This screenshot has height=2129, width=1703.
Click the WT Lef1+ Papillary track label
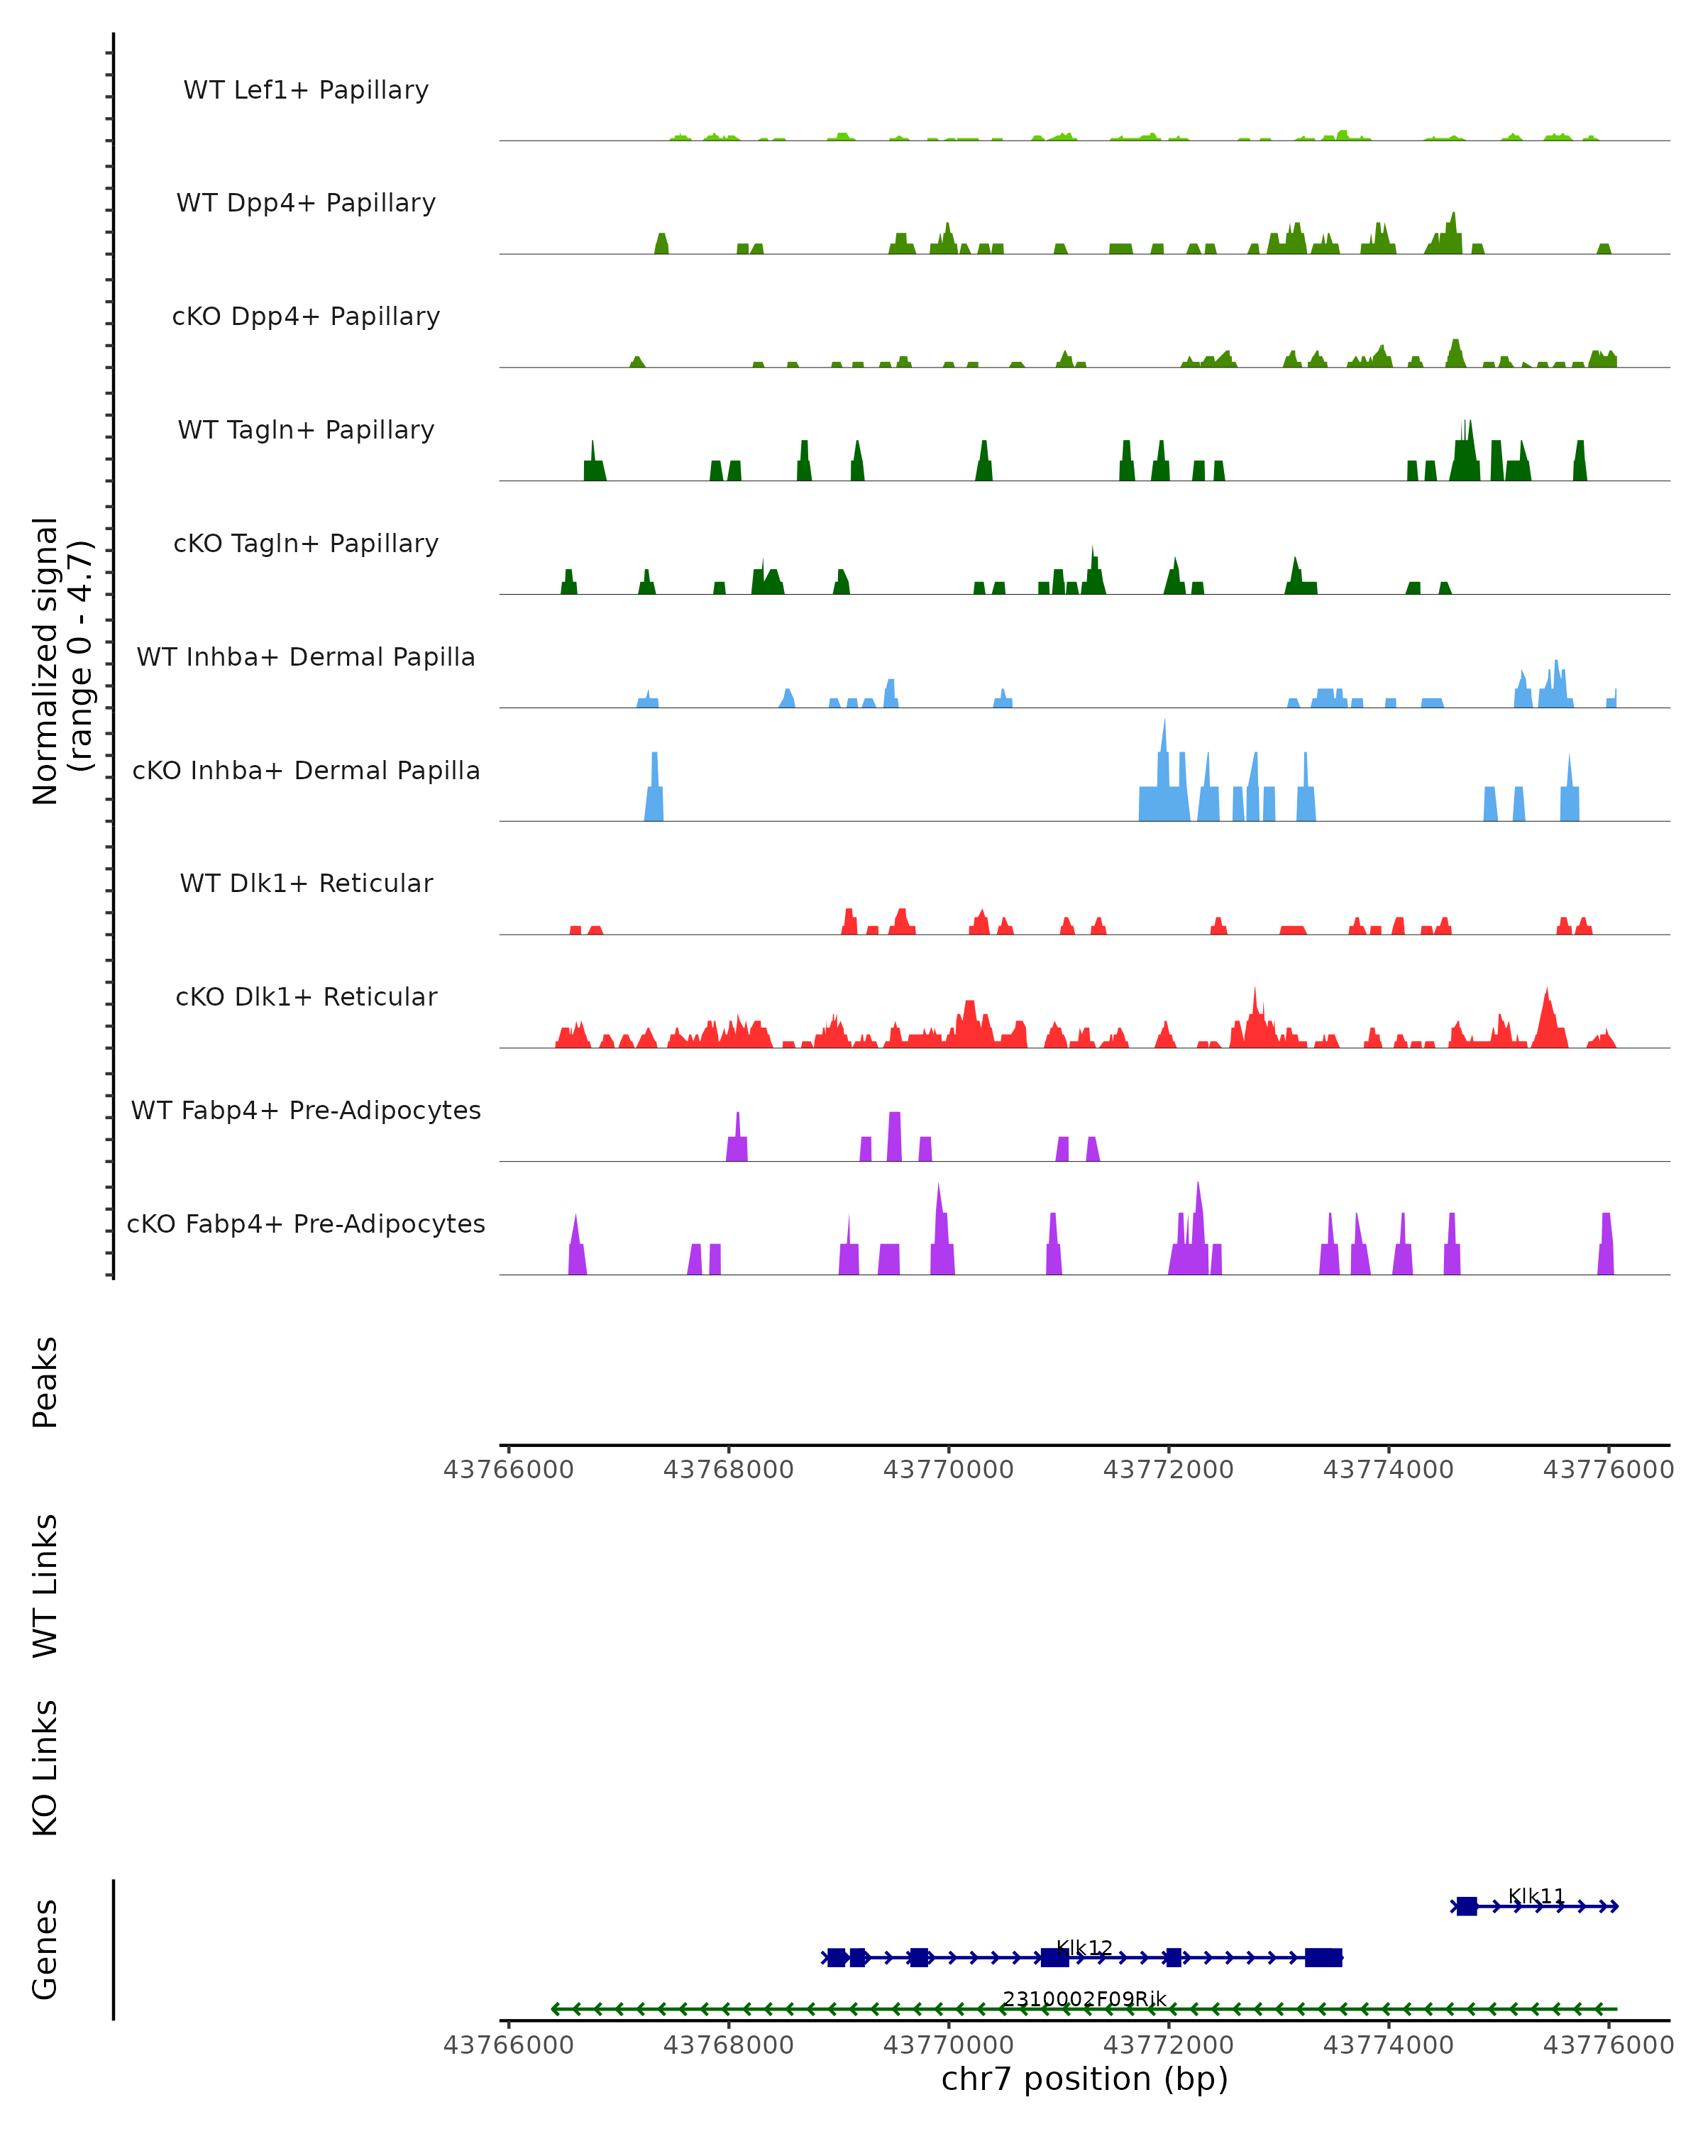306,90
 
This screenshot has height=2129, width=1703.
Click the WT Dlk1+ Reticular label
306,883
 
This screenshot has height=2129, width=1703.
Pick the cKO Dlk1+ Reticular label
306,996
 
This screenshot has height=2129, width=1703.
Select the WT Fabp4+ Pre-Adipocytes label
306,1110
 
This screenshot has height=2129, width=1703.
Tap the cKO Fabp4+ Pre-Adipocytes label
306,1223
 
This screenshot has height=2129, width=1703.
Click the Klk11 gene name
1536,1896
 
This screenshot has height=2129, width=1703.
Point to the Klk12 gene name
1084,1947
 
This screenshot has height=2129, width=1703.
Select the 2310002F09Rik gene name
1084,1998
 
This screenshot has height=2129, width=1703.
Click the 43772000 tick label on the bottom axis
1168,2045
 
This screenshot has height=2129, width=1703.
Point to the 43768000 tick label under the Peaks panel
729,1470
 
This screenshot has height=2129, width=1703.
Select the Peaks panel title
45,1382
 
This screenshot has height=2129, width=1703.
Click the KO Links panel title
45,1768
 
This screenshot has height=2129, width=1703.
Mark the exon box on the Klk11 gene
1467,1906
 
